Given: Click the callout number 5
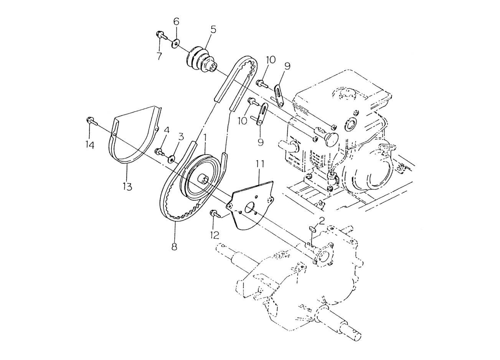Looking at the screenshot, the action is [x=213, y=30].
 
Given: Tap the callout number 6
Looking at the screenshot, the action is [x=176, y=21].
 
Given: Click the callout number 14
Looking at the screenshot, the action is [x=89, y=145].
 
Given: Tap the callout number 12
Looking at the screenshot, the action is [x=215, y=235].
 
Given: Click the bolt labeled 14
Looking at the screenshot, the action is [x=92, y=122].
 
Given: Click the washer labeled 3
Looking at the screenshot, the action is [x=172, y=160].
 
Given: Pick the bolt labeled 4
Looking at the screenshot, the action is [x=160, y=152].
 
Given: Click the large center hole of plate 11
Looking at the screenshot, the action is [x=249, y=208].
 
